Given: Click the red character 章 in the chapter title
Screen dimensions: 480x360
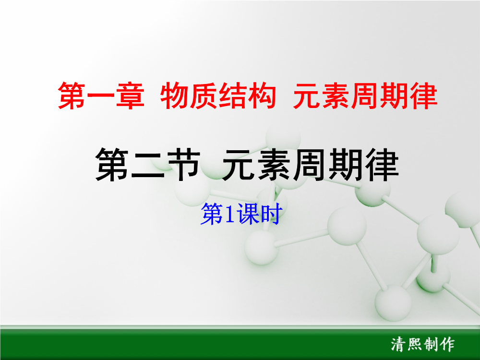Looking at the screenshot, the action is pos(130,96).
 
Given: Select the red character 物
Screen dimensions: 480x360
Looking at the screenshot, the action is pos(175,96).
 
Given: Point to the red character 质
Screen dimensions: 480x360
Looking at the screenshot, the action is pos(204,96).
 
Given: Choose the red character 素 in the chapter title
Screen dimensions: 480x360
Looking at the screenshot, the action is pos(336,96).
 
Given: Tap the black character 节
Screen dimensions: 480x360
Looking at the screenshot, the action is pos(183,165).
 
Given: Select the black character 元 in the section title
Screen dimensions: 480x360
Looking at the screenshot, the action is pos(239,165).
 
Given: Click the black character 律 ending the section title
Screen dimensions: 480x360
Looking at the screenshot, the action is pos(382,165).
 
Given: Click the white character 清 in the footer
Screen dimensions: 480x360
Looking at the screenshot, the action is pos(398,344).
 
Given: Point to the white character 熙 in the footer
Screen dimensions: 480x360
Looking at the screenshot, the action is pos(415,344).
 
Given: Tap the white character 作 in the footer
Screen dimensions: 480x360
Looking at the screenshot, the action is pos(447,344).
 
